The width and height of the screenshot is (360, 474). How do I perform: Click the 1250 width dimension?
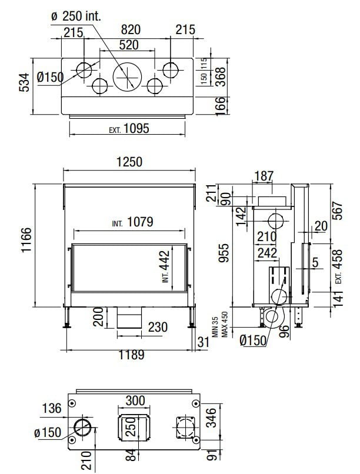(x=129, y=162)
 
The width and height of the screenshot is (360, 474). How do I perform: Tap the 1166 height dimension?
(x=26, y=241)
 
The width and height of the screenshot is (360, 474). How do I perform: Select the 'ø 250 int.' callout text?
(x=76, y=16)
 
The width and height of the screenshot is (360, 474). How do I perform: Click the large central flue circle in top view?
(x=127, y=77)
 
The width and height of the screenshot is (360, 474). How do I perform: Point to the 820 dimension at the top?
(x=131, y=30)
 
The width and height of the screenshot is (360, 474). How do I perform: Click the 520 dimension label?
(x=129, y=45)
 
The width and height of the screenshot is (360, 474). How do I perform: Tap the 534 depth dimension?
(x=25, y=82)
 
